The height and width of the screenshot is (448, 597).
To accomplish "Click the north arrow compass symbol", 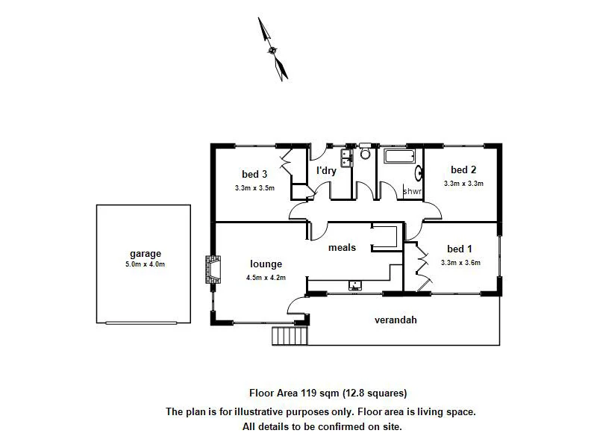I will (272, 49).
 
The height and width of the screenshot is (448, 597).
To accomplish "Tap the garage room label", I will (145, 254).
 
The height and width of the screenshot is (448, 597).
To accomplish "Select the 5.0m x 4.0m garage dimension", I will (145, 264).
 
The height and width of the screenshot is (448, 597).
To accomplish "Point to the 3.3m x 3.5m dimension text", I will (254, 187).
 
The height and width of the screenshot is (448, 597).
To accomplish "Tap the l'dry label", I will (326, 170).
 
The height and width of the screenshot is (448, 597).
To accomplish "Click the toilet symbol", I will (365, 154).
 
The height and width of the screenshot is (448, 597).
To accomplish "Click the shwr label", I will (412, 192).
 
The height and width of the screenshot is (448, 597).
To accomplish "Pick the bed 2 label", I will (463, 169).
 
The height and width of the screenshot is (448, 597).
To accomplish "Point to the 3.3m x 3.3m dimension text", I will (463, 183).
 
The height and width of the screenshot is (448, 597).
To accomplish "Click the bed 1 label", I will (459, 249).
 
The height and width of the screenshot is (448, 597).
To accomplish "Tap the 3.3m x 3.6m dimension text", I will (460, 262).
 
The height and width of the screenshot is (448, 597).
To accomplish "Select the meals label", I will (341, 247).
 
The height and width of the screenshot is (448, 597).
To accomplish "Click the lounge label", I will (266, 264).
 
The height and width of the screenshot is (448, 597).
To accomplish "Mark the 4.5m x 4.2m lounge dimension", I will (266, 277).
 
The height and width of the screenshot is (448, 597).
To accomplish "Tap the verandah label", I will (395, 320).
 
